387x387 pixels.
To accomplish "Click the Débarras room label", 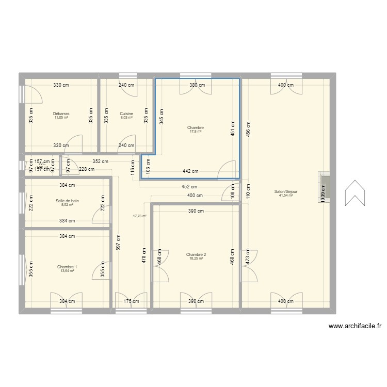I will click(61, 114).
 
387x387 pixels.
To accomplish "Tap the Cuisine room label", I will click(126, 114).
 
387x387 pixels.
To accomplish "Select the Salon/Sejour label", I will click(286, 191).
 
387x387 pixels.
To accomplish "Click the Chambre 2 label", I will click(196, 254).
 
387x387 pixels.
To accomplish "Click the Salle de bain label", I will click(67, 201).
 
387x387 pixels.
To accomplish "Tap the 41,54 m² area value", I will click(286, 196).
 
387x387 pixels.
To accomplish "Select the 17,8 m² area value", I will click(196, 132).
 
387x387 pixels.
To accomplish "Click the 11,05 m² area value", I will click(61, 118).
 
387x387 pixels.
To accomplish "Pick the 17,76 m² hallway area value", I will click(139, 216).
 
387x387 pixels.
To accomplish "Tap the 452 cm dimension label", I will click(189, 186).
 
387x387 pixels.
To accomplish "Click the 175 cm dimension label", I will click(131, 301).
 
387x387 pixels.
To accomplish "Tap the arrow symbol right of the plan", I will click(356, 193).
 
